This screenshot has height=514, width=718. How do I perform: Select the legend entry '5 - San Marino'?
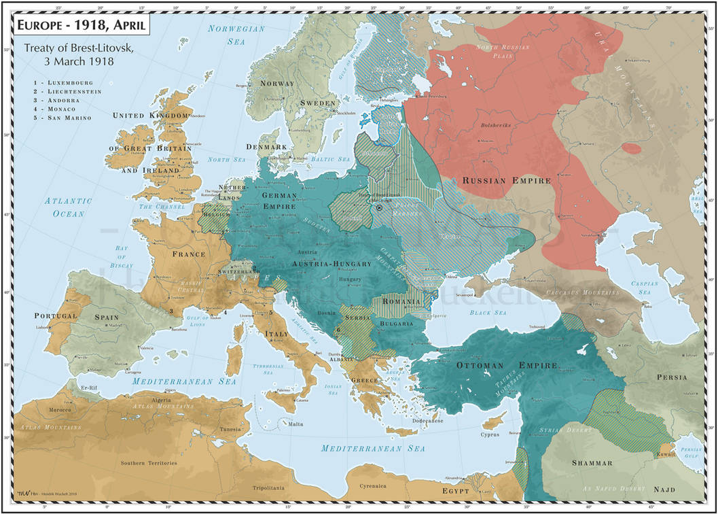[x=64, y=118]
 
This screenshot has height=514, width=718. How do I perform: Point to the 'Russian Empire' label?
[x=506, y=181]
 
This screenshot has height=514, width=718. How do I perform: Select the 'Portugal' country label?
[x=56, y=316]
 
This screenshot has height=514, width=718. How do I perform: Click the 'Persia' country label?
[x=671, y=377]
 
